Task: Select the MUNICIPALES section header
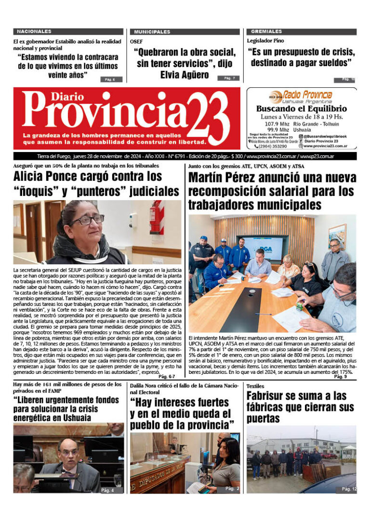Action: pyautogui.click(x=152, y=32)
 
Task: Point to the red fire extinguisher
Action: pyautogui.click(x=157, y=218)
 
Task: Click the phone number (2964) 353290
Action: pyautogui.click(x=273, y=146)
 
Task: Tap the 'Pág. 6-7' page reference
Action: pyautogui.click(x=167, y=377)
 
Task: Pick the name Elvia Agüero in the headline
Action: pyautogui.click(x=185, y=75)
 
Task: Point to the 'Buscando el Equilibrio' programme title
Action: pyautogui.click(x=302, y=109)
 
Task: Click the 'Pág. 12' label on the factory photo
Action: pyautogui.click(x=349, y=489)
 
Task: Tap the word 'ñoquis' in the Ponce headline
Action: pyautogui.click(x=34, y=191)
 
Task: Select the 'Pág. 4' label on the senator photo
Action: pyautogui.click(x=107, y=490)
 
